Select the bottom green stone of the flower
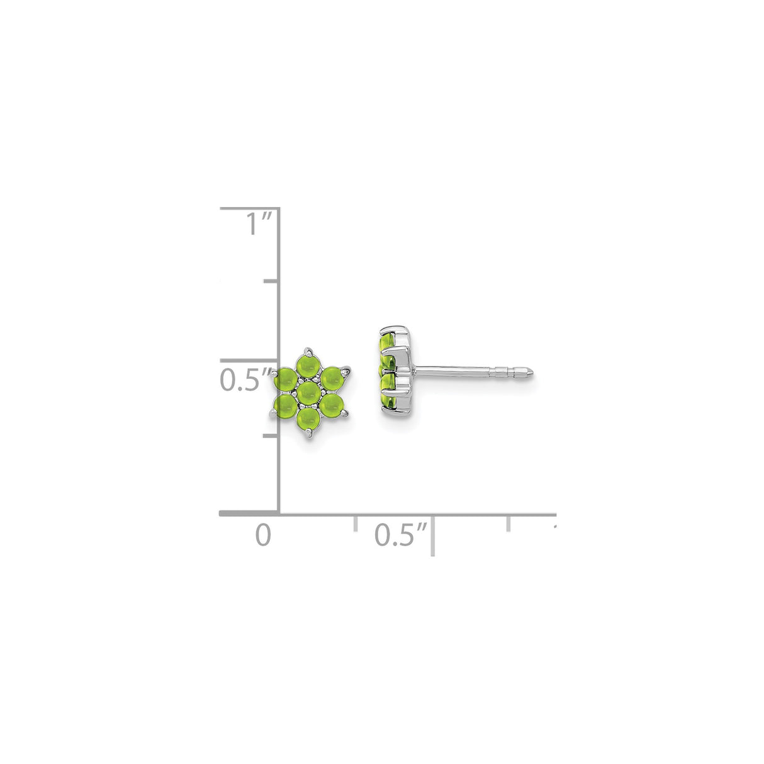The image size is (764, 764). coord(307,419)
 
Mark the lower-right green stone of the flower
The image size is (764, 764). coord(331,406)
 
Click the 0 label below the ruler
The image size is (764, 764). coord(263,535)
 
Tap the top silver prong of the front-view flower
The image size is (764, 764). coord(308,349)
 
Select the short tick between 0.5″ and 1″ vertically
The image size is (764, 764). coord(271,281)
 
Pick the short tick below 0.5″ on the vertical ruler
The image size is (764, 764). coord(271,435)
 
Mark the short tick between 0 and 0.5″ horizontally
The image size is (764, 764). coord(356,523)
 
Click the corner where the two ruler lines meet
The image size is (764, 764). coord(279,514)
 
